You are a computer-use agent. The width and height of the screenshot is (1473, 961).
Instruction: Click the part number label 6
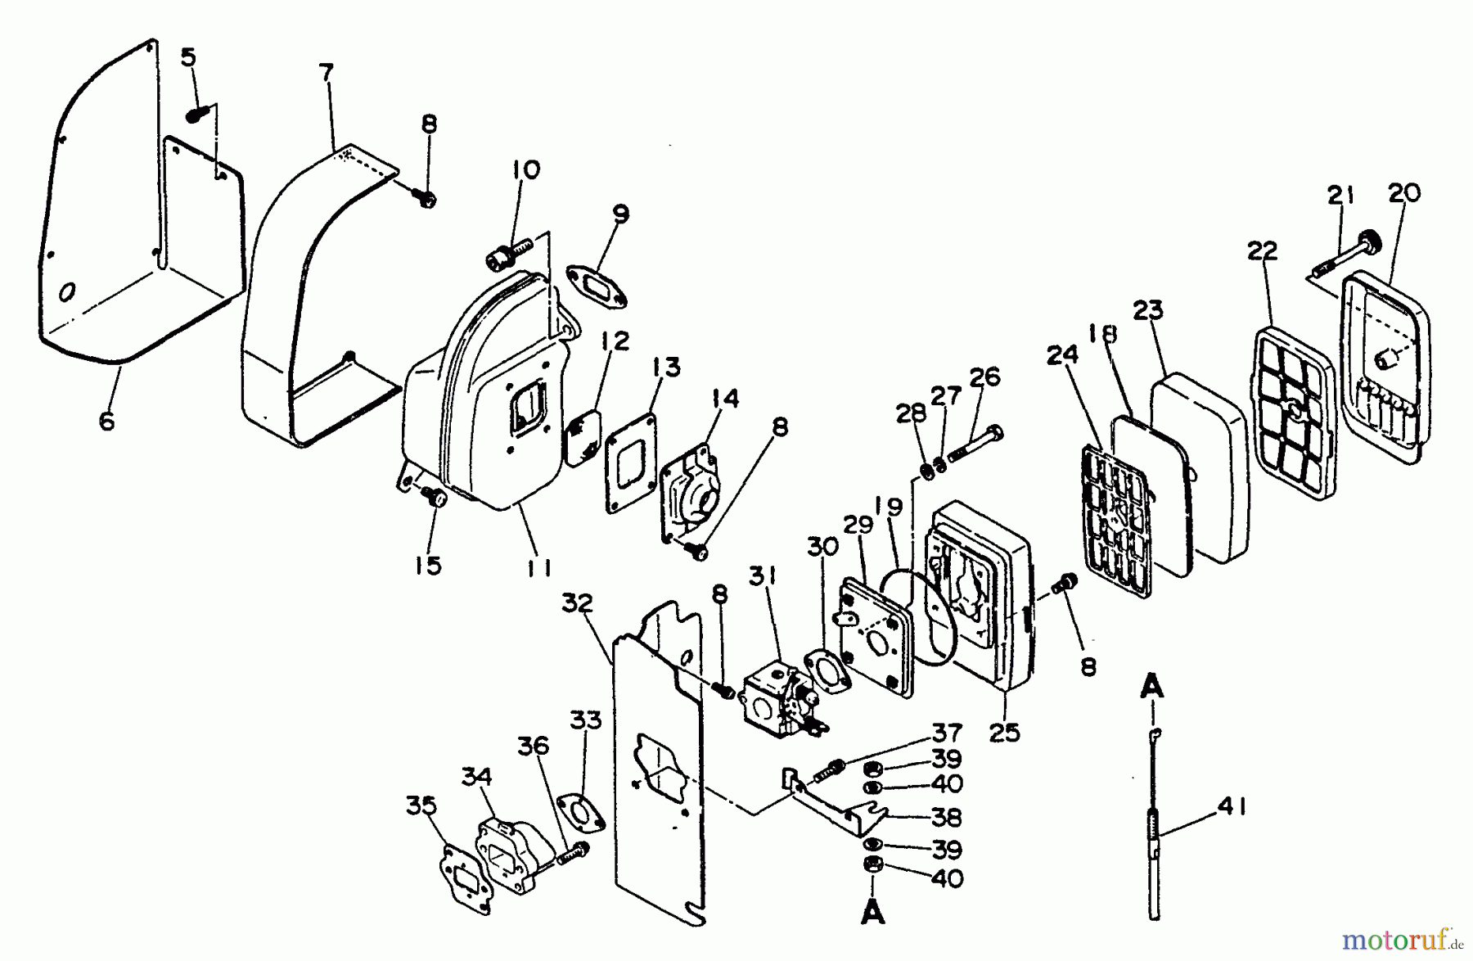pos(106,421)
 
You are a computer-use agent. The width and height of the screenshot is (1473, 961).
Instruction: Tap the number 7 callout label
pos(326,73)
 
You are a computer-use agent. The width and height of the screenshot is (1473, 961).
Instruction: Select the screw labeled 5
pos(196,115)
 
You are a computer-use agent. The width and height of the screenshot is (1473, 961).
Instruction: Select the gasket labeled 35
pos(466,876)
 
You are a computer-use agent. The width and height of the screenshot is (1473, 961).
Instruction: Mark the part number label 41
pos(1231,807)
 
